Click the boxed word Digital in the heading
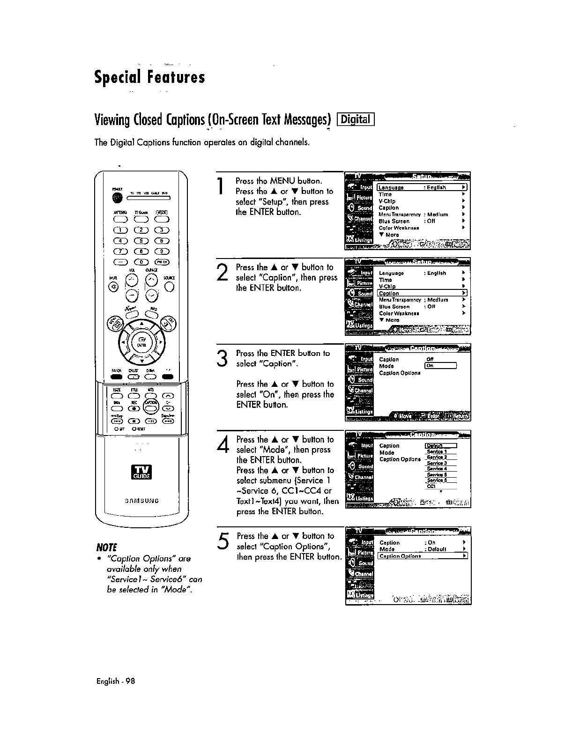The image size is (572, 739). [356, 120]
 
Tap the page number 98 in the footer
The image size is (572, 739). [130, 681]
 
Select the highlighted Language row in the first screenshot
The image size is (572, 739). [422, 187]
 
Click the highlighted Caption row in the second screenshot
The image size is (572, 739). [422, 293]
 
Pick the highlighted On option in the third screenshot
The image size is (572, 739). [440, 366]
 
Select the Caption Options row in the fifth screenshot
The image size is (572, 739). [422, 556]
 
